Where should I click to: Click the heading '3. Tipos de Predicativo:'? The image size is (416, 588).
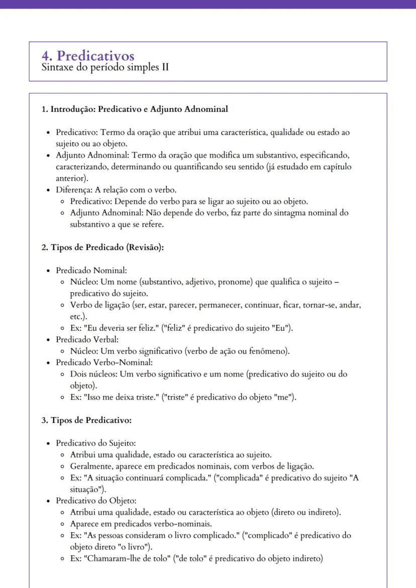click(x=86, y=420)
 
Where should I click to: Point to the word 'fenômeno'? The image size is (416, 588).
click(x=272, y=351)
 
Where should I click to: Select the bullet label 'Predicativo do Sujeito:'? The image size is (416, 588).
click(x=96, y=443)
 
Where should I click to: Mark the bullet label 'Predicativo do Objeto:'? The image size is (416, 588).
click(x=96, y=501)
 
